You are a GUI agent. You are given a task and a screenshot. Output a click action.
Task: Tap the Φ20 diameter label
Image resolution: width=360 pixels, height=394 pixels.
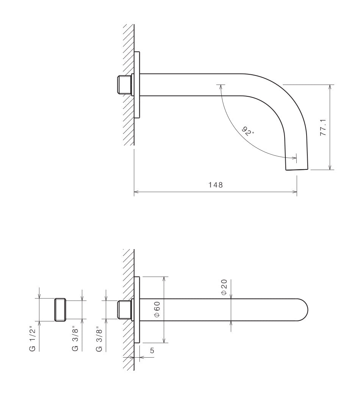224,287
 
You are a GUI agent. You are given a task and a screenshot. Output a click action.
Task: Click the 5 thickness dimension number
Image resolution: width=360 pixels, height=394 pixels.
152,351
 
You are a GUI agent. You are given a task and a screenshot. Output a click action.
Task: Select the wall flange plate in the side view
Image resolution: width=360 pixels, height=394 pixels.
137,85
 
